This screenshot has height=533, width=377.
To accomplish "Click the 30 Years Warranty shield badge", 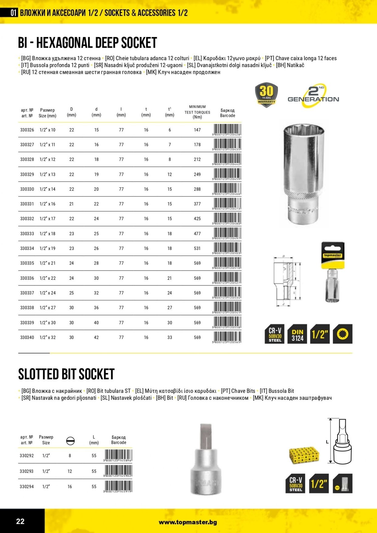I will [266, 94].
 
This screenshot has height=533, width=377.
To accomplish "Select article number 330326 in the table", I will [27, 130].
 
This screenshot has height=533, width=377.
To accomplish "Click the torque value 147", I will [197, 130].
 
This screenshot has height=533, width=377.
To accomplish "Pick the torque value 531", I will [197, 248].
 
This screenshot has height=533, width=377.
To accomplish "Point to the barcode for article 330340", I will [227, 337].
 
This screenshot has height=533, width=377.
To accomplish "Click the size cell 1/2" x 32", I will [48, 337].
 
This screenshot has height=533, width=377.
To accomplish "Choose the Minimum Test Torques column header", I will [197, 112].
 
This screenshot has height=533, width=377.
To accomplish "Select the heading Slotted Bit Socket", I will [66, 374].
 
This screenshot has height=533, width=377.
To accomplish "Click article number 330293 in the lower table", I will [27, 471].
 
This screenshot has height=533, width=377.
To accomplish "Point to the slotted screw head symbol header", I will [70, 441].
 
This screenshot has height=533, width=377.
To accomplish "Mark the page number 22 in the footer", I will [20, 521].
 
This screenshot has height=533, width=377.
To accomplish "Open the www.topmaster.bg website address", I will [188, 522].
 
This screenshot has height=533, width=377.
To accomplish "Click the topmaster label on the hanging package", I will [333, 255].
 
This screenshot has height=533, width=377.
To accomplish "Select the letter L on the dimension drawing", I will [327, 442].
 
